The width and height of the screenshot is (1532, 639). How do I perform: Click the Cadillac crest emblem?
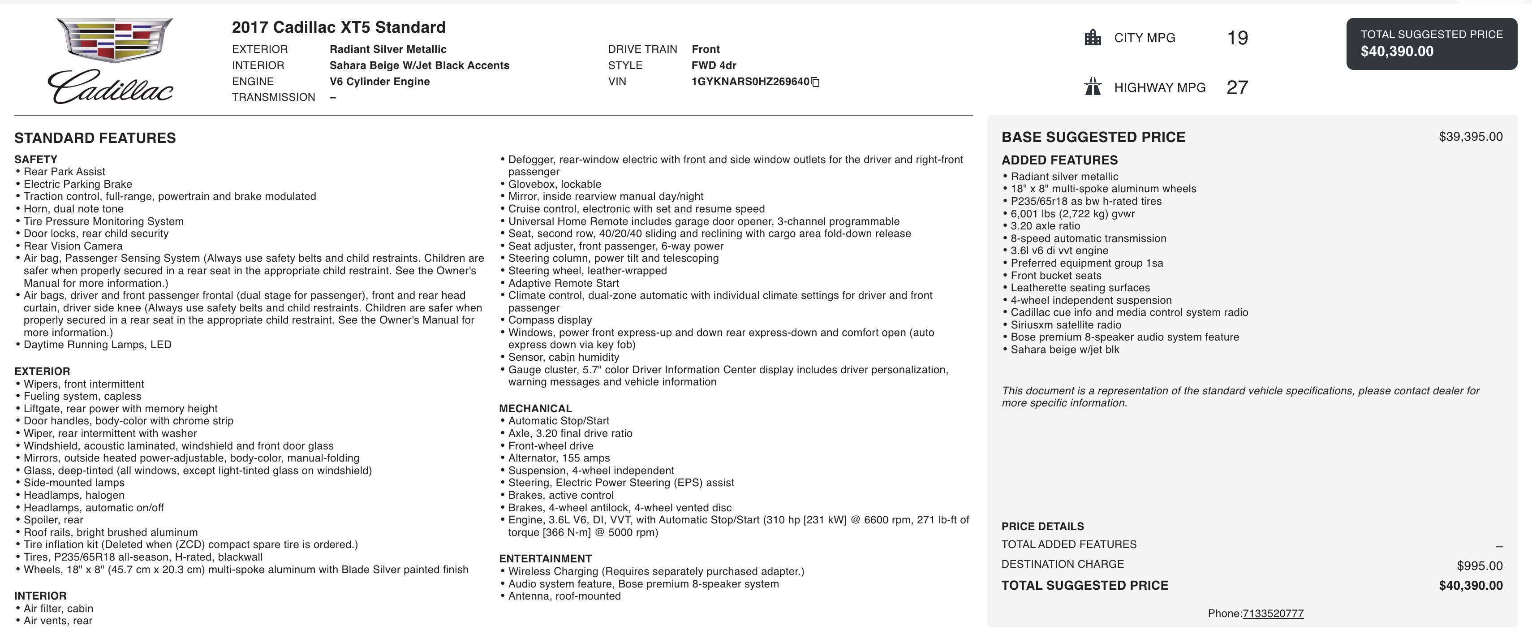[114, 40]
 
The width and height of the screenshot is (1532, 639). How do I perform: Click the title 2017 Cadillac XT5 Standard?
[338, 27]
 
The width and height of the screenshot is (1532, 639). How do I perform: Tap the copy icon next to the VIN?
[815, 82]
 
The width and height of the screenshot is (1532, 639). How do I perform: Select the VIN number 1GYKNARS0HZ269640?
[750, 82]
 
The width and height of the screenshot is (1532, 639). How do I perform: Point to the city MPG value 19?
[1237, 38]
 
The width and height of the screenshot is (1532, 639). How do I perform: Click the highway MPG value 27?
[1237, 87]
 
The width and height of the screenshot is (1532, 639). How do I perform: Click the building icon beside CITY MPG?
[1093, 38]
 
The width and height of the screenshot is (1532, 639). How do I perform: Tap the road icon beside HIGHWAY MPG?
[1093, 87]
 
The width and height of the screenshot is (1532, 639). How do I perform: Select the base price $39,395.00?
[1470, 137]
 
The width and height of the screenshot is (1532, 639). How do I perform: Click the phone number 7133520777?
[1273, 613]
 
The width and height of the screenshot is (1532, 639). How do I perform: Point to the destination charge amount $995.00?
[1479, 566]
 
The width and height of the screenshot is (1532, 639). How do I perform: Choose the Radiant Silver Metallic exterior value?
[388, 49]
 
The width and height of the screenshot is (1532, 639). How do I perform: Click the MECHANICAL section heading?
[535, 409]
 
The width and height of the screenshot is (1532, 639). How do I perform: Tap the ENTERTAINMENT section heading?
[545, 559]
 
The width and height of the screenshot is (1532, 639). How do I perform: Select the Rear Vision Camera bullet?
[73, 246]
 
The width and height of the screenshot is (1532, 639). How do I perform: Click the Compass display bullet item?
[550, 320]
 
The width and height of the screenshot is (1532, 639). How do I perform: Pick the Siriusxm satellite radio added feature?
[1066, 325]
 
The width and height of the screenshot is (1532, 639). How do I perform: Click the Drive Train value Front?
[706, 49]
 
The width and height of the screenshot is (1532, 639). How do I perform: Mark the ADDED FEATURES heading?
[1059, 160]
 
